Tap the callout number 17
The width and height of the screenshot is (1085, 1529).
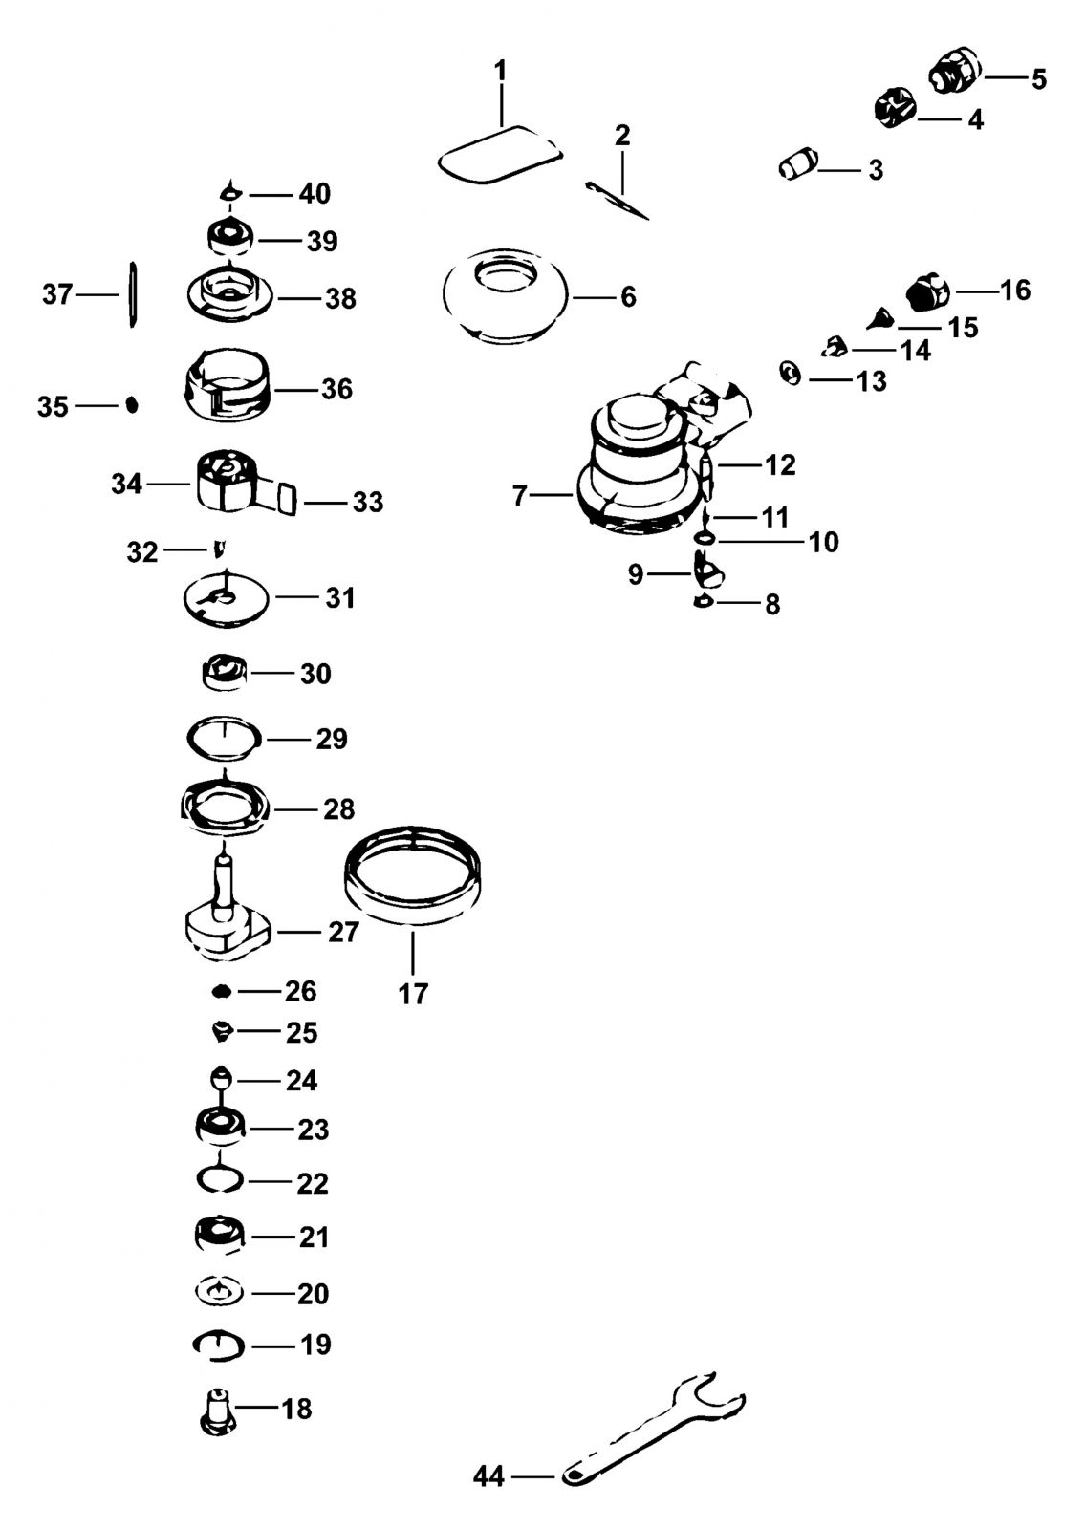coord(413,994)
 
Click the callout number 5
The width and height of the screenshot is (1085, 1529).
coord(1038,79)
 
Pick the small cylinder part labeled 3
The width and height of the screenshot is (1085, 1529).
coord(798,164)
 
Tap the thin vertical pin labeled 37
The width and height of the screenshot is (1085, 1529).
coord(133,294)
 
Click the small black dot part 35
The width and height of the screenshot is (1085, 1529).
coord(133,405)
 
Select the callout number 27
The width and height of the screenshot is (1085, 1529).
coord(343,932)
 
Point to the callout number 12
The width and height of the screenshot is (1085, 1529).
coord(780,465)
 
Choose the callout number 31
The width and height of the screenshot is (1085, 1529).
coord(340,598)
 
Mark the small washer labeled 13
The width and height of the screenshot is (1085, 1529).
coord(791,374)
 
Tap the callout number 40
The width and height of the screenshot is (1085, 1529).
coord(315,194)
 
